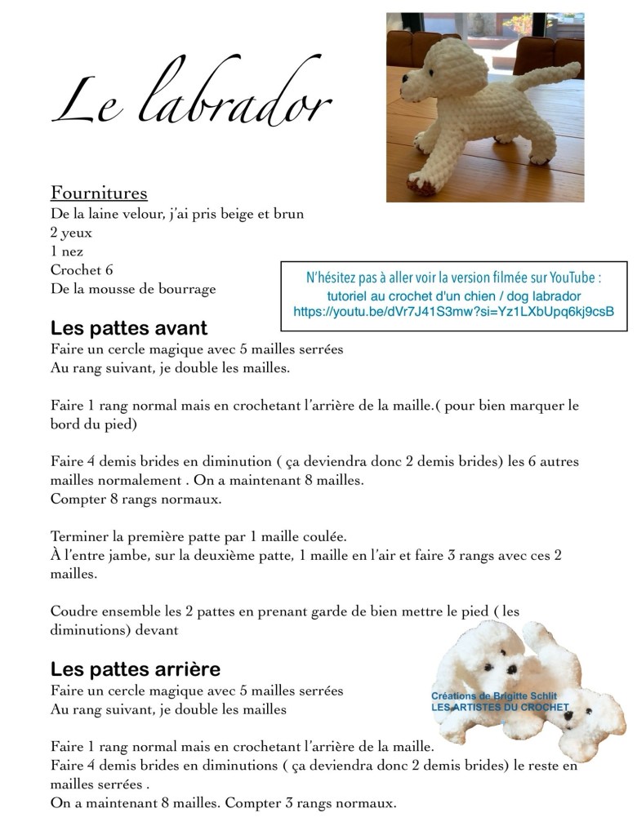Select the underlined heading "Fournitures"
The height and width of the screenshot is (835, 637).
99,193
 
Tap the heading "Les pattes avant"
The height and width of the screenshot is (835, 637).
129,328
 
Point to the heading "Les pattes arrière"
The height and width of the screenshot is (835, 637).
136,669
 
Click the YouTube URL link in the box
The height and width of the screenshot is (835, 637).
453,312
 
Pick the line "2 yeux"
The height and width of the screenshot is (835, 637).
72,233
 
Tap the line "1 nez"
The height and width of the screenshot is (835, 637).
67,251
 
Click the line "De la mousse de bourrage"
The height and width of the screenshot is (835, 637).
133,289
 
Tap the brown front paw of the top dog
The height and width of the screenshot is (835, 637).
425,185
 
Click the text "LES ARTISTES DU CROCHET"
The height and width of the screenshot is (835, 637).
500,708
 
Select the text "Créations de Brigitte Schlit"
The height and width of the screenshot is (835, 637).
494,695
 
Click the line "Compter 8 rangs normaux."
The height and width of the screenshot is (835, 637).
124,499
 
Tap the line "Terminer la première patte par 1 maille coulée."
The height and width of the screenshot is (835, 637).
198,537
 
